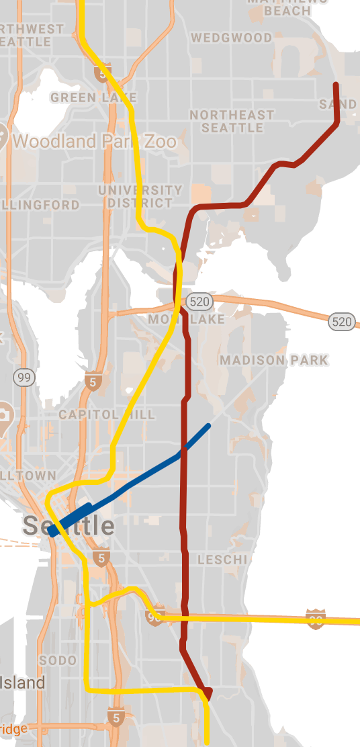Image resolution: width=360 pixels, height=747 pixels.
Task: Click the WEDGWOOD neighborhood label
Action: (x=232, y=38)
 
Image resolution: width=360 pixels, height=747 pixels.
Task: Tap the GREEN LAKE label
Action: (x=93, y=98)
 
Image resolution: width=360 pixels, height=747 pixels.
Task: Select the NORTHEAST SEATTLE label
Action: (x=232, y=122)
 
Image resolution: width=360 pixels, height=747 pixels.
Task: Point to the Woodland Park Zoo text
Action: (x=95, y=141)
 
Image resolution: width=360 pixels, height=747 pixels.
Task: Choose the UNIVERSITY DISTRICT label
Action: (x=140, y=196)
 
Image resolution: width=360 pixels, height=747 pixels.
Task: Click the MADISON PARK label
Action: (x=274, y=360)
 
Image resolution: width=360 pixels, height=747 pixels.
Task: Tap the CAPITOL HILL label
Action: (x=106, y=414)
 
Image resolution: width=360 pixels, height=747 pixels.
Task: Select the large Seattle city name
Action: (x=69, y=525)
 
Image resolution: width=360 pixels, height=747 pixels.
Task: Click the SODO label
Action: (x=58, y=660)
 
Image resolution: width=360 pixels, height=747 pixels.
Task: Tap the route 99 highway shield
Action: (x=25, y=378)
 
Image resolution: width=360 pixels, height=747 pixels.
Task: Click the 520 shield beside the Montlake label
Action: (x=199, y=301)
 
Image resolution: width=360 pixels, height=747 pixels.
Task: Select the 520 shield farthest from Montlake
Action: (x=342, y=322)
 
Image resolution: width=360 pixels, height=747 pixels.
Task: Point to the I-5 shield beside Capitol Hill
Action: (x=92, y=382)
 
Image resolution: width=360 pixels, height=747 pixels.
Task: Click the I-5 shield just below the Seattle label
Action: (x=101, y=557)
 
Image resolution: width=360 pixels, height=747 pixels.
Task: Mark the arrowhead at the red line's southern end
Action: (x=207, y=693)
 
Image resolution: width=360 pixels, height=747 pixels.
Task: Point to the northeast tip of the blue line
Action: (x=209, y=425)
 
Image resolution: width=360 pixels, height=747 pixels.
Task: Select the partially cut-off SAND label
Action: (x=338, y=104)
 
